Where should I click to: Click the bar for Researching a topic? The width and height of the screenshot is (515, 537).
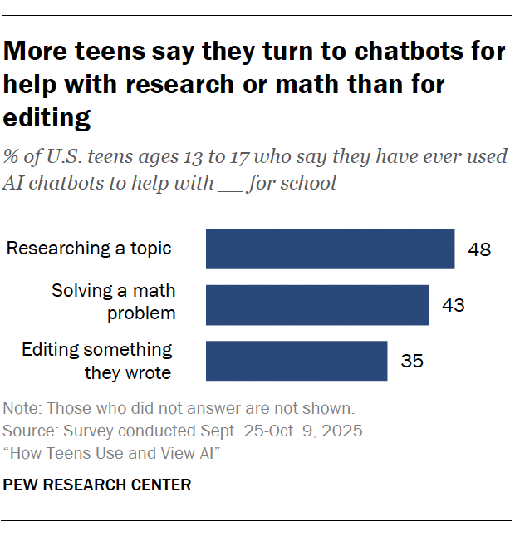[x=330, y=249]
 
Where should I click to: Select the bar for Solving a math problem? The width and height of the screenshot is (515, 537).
[x=316, y=305]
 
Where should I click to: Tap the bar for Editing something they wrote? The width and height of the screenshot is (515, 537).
[x=297, y=361]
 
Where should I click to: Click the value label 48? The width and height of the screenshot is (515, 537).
[x=479, y=249]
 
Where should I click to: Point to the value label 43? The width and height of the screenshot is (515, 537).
[x=453, y=305]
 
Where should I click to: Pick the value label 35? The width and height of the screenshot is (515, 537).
[x=412, y=361]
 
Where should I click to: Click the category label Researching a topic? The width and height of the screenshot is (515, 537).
[x=89, y=248]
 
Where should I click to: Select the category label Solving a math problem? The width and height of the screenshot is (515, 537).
[x=114, y=302]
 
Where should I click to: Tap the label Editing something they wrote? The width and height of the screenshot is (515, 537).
[x=97, y=361]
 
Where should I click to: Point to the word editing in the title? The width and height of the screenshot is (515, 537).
[x=47, y=118]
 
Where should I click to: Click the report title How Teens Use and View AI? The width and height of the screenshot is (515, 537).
[x=111, y=453]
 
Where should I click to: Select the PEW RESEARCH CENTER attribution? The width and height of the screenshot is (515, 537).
[x=97, y=485]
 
